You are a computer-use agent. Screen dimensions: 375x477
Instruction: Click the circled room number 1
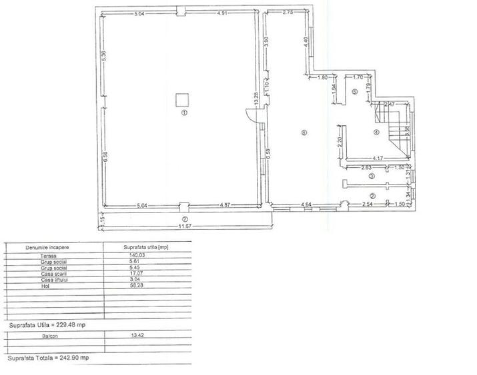tap(185, 114)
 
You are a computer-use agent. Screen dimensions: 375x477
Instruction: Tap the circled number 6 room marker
tap(304, 133)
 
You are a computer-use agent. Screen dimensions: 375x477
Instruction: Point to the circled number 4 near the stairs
tap(376, 132)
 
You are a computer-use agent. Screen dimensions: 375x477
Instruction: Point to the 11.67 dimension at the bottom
tap(184, 226)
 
